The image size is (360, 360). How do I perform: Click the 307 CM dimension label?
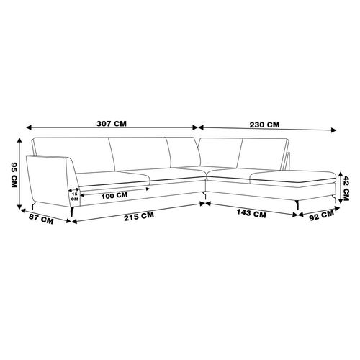pyautogui.click(x=112, y=124)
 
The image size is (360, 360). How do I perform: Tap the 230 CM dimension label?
pyautogui.click(x=264, y=125)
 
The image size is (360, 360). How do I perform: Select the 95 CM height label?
pyautogui.click(x=14, y=175)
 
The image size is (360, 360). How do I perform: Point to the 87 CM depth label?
pyautogui.click(x=41, y=219)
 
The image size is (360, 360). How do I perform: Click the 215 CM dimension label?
pyautogui.click(x=139, y=216)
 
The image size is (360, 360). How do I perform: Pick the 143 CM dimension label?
pyautogui.click(x=251, y=213)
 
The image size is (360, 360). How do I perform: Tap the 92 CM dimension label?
pyautogui.click(x=322, y=215)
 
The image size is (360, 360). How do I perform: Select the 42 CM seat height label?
pyautogui.click(x=346, y=188)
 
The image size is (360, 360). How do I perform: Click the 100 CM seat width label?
pyautogui.click(x=114, y=196)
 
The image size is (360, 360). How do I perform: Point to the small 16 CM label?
pyautogui.click(x=75, y=197)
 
